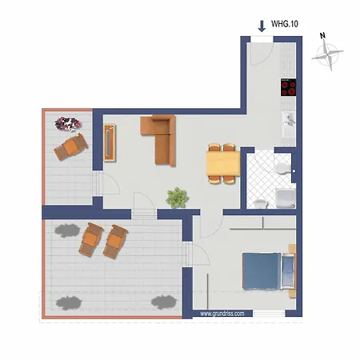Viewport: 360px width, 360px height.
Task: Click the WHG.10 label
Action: [x=285, y=26]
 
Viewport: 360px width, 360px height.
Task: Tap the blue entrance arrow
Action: [x=262, y=26]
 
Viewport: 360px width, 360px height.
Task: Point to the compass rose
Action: [x=328, y=56]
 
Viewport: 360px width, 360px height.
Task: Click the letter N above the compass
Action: [x=321, y=36]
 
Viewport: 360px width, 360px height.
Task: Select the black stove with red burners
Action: [x=288, y=87]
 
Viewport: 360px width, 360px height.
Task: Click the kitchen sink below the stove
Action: [x=289, y=122]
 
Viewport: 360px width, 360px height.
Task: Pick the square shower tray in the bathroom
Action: [x=284, y=198]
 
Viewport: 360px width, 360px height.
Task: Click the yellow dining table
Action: [x=222, y=164]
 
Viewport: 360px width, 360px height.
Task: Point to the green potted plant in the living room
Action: [x=177, y=196]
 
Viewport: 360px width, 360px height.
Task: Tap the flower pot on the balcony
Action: [x=66, y=123]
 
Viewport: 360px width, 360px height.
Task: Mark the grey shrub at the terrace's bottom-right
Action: [x=164, y=302]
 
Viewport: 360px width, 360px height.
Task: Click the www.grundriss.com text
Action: [x=227, y=314]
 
